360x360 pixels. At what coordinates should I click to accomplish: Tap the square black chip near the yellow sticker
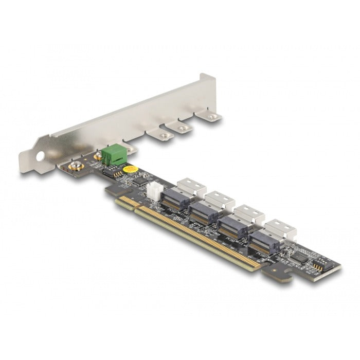[x=138, y=181]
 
